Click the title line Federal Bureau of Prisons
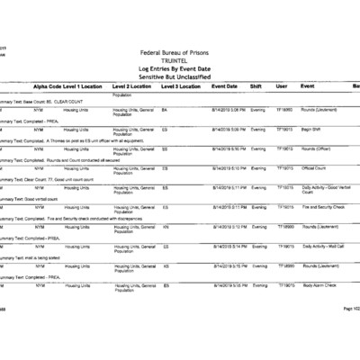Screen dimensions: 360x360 tap(180, 54)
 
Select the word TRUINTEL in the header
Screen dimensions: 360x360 tap(180, 61)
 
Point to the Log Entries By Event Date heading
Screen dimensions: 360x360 tap(180, 68)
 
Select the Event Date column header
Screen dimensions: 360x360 tap(224, 86)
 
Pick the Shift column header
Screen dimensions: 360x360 tap(256, 86)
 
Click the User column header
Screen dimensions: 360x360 tap(281, 86)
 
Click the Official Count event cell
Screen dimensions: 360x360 tap(314, 167)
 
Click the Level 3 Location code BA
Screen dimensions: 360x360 tap(165, 109)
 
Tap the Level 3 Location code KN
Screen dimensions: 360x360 tap(166, 226)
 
